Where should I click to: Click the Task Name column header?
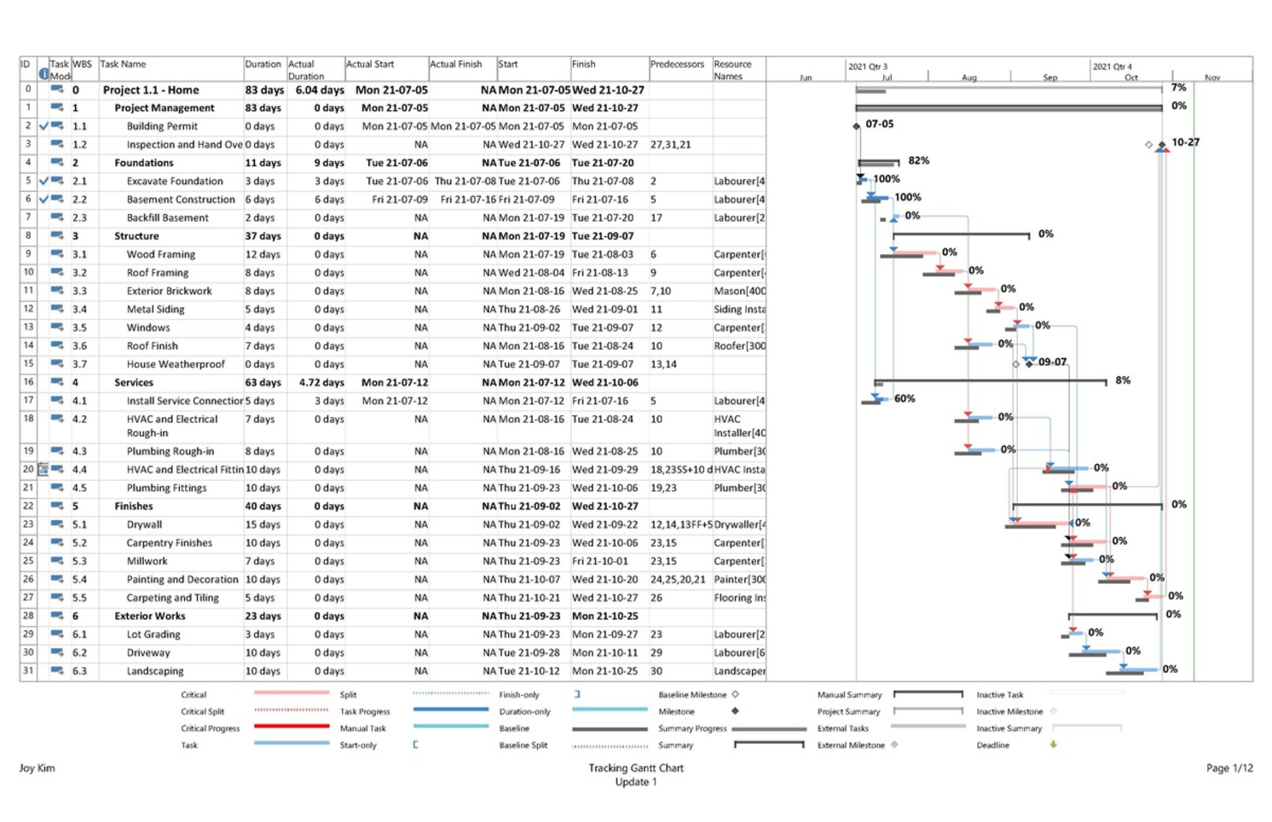pyautogui.click(x=123, y=64)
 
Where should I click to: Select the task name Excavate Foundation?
pyautogui.click(x=175, y=181)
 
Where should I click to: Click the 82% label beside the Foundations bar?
pyautogui.click(x=918, y=160)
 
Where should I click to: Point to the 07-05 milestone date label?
pyautogui.click(x=879, y=124)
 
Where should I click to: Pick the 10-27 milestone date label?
pyautogui.click(x=1185, y=142)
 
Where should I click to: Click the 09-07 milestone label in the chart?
pyautogui.click(x=1052, y=362)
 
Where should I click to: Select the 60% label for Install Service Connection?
pyautogui.click(x=904, y=398)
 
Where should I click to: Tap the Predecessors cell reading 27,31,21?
pyautogui.click(x=670, y=144)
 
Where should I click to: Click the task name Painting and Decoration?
pyautogui.click(x=182, y=579)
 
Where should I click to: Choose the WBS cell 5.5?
pyautogui.click(x=79, y=598)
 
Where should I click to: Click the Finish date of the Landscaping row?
pyautogui.click(x=604, y=670)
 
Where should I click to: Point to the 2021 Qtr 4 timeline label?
pyautogui.click(x=1112, y=67)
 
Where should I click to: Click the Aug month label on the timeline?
pyautogui.click(x=968, y=78)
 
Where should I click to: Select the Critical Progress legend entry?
pyautogui.click(x=210, y=728)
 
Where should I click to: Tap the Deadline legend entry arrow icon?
pyautogui.click(x=1054, y=744)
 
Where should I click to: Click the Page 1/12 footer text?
pyautogui.click(x=1229, y=767)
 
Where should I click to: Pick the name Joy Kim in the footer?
pyautogui.click(x=37, y=767)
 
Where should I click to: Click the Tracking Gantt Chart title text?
pyautogui.click(x=635, y=767)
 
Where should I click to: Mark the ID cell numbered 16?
pyautogui.click(x=28, y=382)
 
